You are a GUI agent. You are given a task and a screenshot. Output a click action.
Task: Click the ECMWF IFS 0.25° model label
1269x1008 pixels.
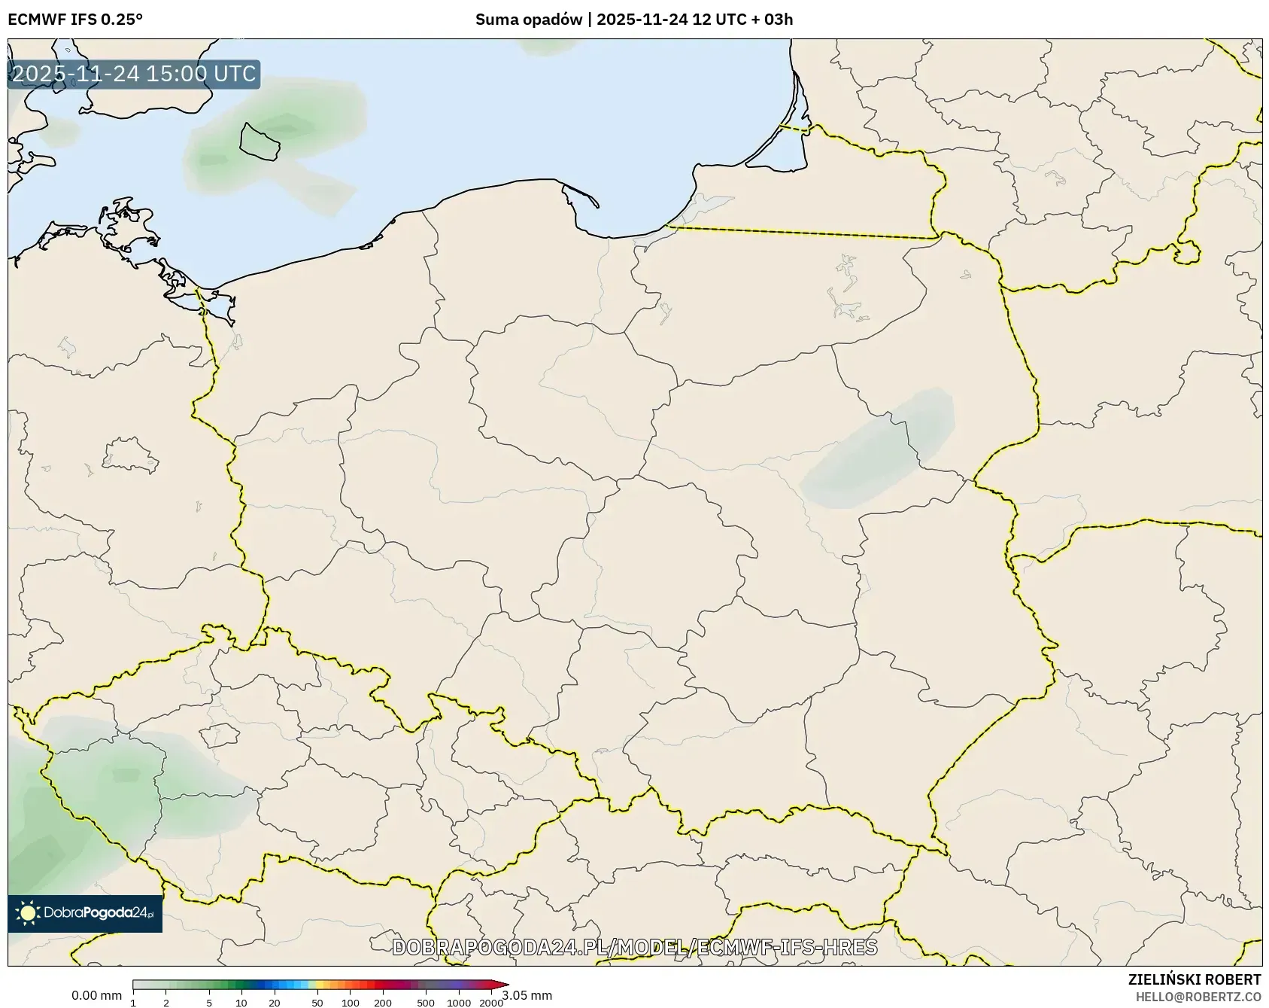click(75, 20)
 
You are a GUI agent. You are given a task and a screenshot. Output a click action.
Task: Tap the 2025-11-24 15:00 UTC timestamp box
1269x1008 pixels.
click(134, 75)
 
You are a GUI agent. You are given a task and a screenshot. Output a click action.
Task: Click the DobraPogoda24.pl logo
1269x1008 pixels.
click(85, 913)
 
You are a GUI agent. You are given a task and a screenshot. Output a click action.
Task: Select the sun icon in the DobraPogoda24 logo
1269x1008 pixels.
click(28, 913)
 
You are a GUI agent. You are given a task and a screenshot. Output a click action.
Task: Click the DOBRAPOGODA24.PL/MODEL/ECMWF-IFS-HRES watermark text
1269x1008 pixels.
click(634, 947)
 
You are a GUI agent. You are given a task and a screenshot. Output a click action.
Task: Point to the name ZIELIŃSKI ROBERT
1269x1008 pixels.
click(1195, 979)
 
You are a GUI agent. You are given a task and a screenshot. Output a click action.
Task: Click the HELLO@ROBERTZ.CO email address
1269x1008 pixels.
click(1198, 996)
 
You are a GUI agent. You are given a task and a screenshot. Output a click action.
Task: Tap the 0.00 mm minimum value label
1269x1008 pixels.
click(96, 996)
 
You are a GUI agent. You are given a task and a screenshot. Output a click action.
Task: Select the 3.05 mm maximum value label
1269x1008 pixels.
click(528, 996)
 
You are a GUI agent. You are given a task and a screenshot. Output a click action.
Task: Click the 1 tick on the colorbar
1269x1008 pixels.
click(133, 1003)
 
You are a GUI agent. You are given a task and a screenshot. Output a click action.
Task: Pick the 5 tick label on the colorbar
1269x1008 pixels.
click(209, 1003)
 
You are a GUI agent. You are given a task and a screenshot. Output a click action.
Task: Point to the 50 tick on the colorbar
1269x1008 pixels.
click(317, 1003)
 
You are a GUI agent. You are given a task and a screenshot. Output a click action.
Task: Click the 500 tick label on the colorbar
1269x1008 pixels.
click(426, 1003)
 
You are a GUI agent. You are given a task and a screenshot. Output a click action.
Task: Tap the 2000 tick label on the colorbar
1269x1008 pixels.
click(491, 1003)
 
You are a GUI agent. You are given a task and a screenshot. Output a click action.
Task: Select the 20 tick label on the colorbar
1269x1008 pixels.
click(275, 1003)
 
